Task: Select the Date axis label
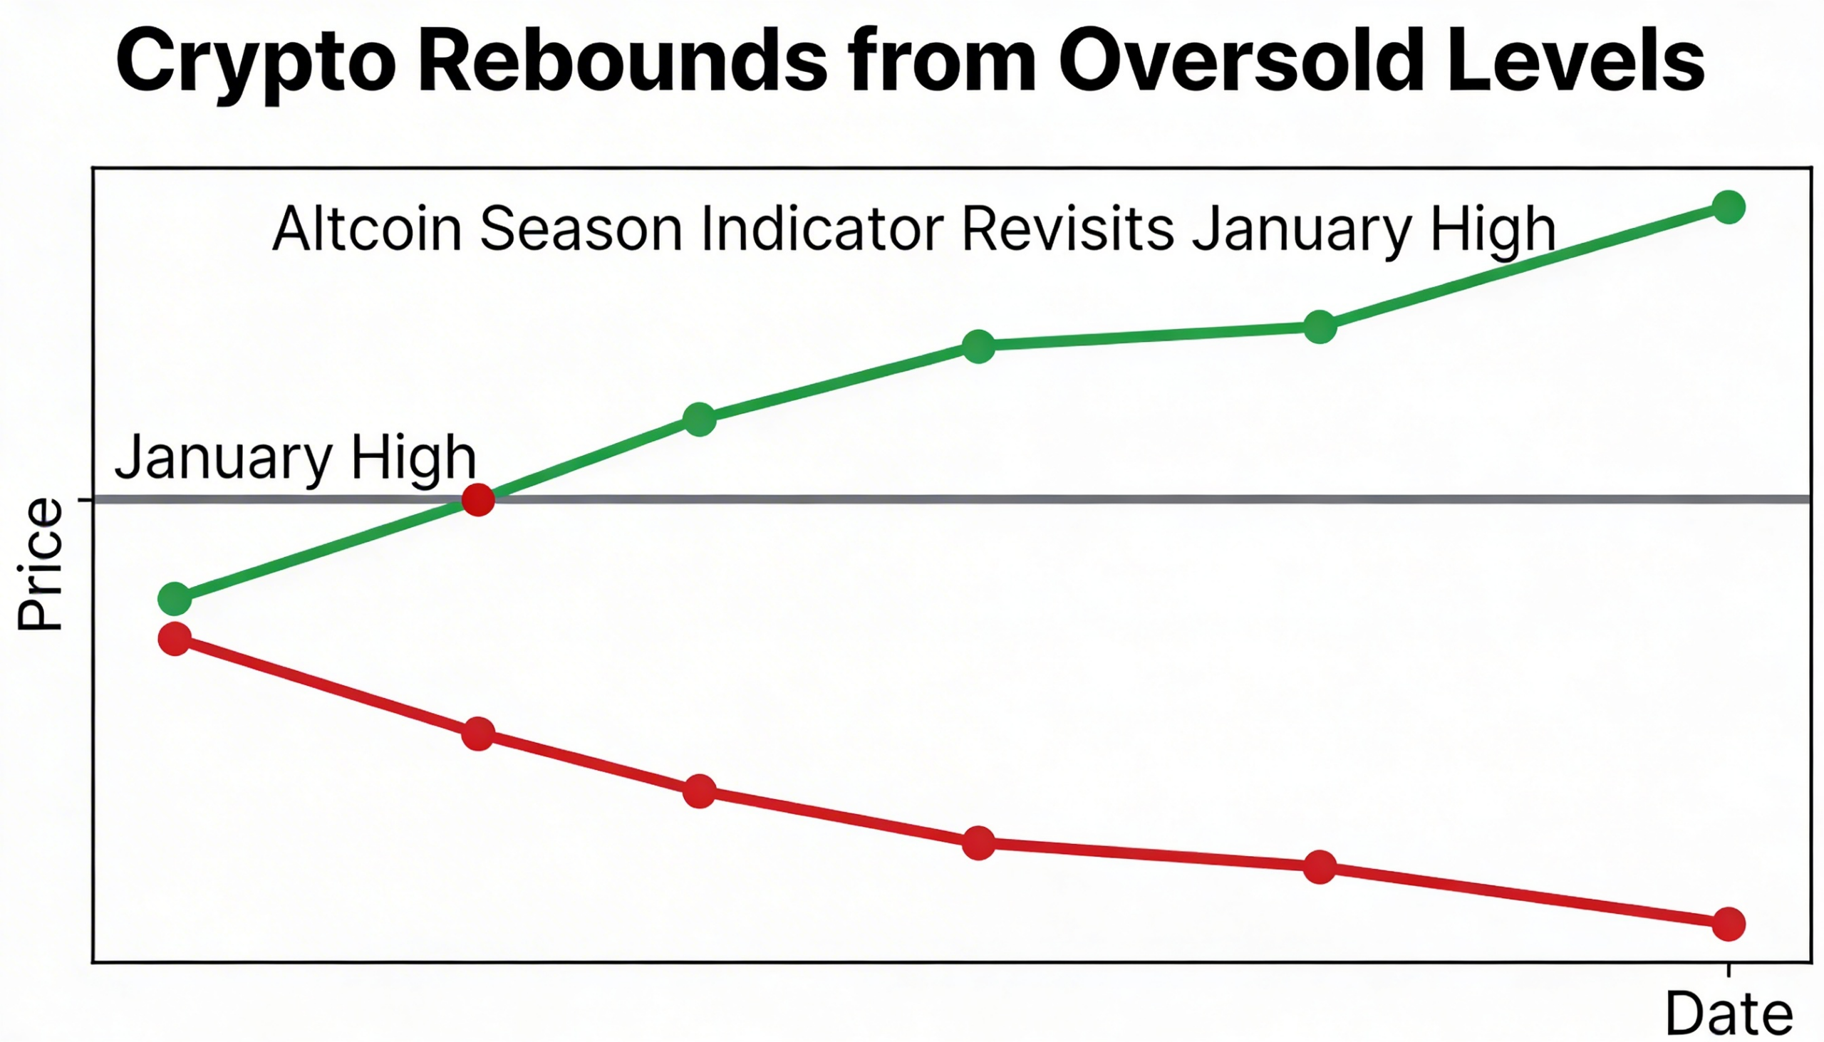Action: pos(1728,1014)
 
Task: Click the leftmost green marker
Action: pos(175,598)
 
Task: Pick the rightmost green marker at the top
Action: pos(1728,207)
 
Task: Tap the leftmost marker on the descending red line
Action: pos(175,638)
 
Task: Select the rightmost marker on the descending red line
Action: pos(1728,924)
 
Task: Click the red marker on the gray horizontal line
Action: pos(478,499)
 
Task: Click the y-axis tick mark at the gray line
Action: pos(85,499)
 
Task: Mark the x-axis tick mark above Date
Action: pos(1728,971)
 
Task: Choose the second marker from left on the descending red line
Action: pos(478,734)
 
